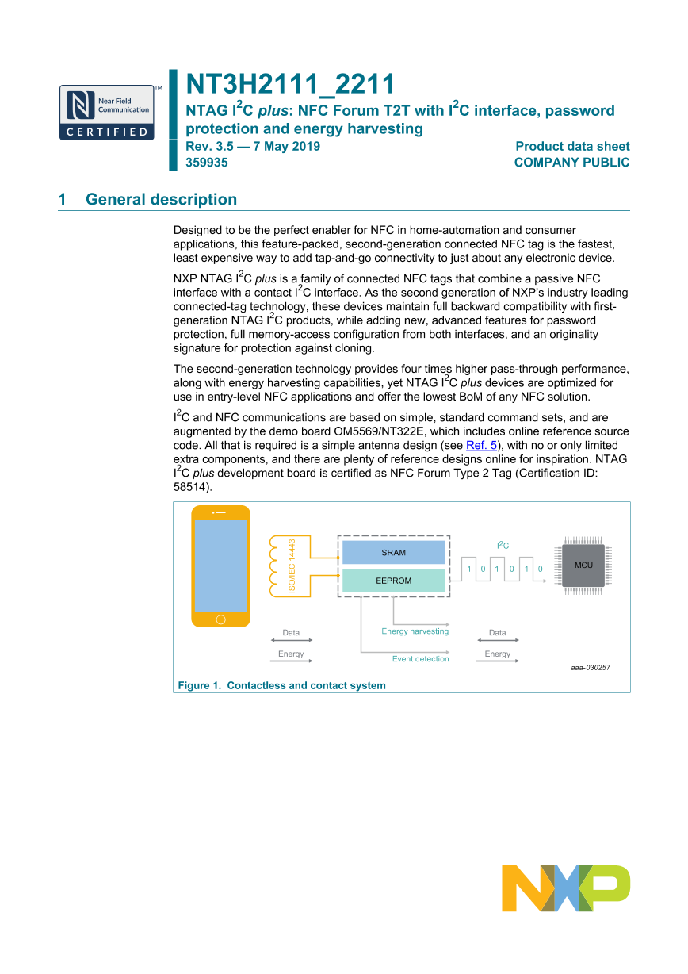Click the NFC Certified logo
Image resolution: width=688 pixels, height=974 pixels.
click(x=106, y=113)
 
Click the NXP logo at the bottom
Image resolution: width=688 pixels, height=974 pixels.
click(x=565, y=888)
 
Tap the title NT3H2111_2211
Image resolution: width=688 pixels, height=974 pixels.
click(x=290, y=84)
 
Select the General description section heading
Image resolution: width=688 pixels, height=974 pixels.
click(x=161, y=200)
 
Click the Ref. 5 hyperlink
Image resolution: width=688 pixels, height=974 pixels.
click(x=481, y=446)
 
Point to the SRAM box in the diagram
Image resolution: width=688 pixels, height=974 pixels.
click(x=393, y=553)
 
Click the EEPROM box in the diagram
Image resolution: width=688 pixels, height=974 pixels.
click(x=393, y=581)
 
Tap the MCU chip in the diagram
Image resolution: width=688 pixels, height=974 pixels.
click(x=583, y=565)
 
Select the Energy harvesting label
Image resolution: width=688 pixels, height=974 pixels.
click(x=415, y=631)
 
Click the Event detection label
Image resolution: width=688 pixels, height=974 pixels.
click(x=420, y=659)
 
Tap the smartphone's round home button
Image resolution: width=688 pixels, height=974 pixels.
click(x=220, y=619)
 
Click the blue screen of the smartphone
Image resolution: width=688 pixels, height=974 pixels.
click(x=220, y=566)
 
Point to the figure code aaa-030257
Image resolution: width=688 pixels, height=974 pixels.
click(x=590, y=668)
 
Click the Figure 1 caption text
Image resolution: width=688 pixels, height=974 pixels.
click(x=281, y=685)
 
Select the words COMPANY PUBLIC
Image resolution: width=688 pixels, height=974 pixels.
click(x=571, y=163)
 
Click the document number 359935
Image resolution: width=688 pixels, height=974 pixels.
click(x=206, y=163)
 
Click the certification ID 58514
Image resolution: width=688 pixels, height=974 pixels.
click(x=190, y=489)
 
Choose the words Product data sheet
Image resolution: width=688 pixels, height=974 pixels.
click(x=572, y=146)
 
